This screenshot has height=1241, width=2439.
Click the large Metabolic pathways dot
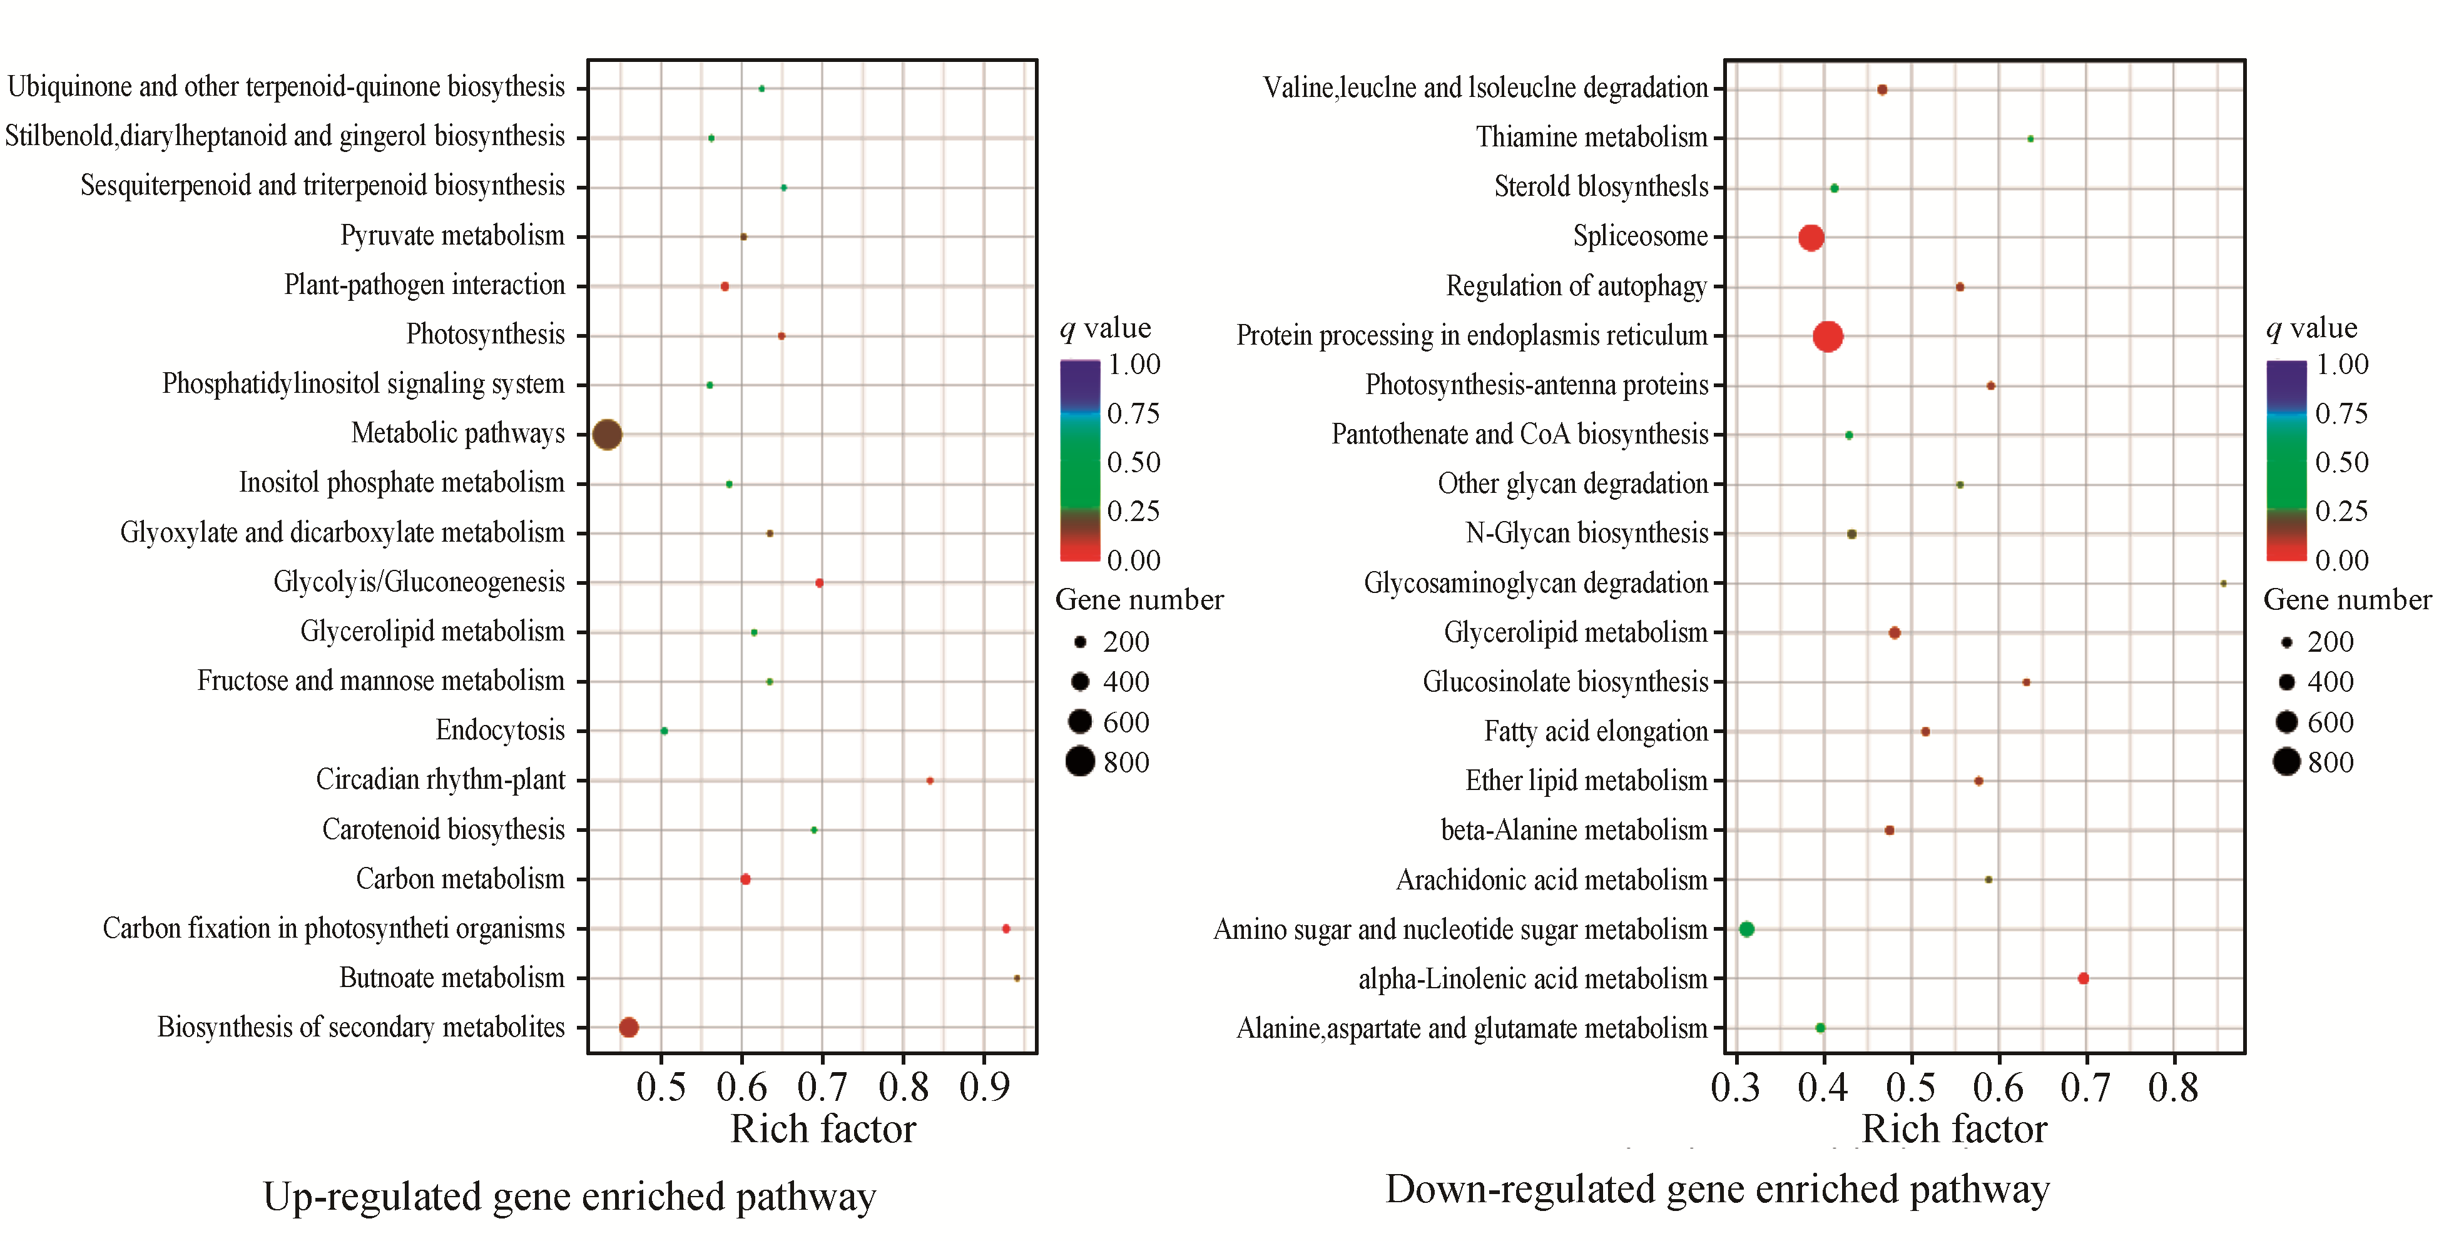pos(607,435)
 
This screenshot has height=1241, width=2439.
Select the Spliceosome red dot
pos(1810,238)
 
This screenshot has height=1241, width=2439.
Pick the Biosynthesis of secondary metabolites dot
pos(629,1027)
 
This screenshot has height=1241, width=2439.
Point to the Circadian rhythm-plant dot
pos(930,781)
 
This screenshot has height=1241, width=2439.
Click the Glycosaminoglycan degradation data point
pos(2223,583)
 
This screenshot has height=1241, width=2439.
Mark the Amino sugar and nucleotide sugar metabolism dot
pos(1747,929)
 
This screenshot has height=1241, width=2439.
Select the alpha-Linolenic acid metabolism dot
pos(2083,979)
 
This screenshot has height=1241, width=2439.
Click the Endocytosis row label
pos(500,731)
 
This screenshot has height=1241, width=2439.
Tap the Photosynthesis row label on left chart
pos(485,335)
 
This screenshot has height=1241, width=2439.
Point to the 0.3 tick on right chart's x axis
pos(1736,1087)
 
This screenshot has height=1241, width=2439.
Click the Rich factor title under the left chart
pos(823,1129)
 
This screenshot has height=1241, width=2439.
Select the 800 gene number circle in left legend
pos(1079,761)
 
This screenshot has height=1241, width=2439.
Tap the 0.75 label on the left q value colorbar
pos(1133,413)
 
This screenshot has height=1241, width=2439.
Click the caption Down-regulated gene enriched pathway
pos(1716,1190)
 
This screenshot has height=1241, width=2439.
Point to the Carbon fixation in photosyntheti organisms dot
pos(1006,929)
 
